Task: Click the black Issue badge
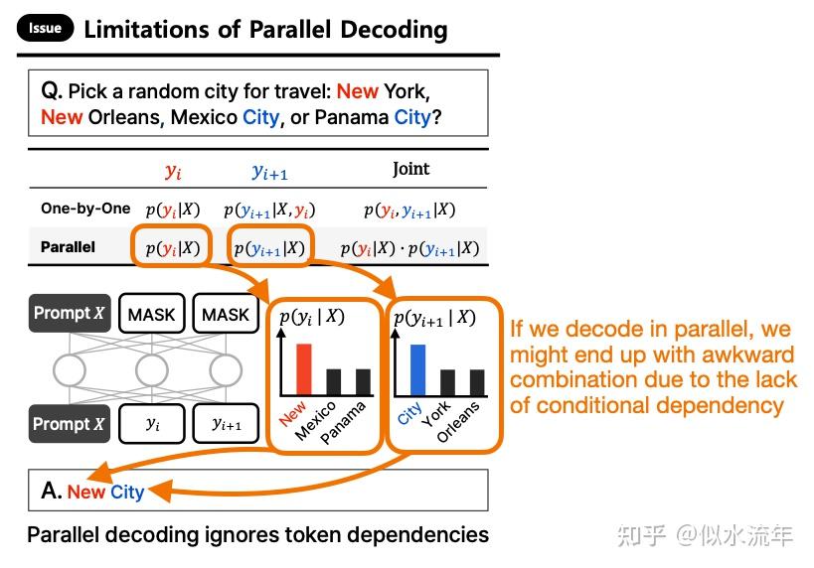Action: [45, 28]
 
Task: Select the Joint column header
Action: [410, 169]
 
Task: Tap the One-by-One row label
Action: [85, 209]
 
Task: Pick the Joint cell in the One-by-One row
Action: [408, 210]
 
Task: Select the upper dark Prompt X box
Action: [69, 314]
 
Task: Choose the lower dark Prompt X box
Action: [69, 424]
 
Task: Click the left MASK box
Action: [151, 314]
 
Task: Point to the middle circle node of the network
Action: [152, 370]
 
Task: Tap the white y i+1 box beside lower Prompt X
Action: [226, 424]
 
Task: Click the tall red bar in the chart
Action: [304, 368]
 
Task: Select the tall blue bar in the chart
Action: [417, 369]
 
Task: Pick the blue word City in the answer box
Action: [127, 492]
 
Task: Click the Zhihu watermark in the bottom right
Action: [705, 535]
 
